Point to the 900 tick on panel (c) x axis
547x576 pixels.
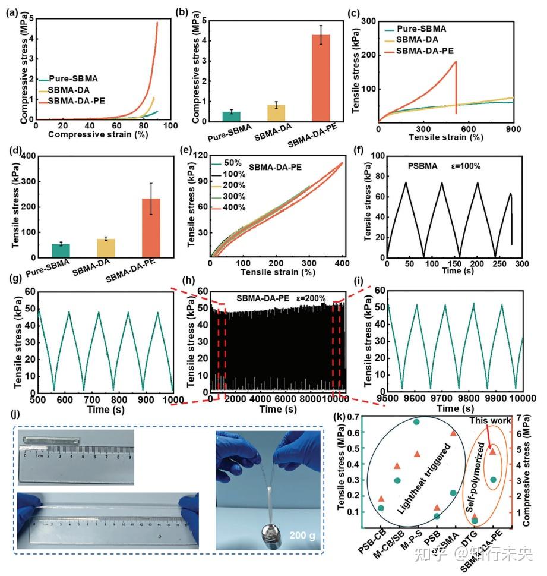point(513,129)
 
